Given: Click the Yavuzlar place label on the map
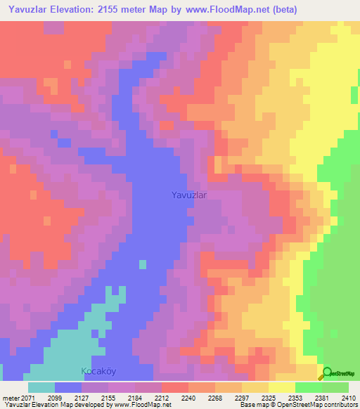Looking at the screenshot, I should [x=189, y=196].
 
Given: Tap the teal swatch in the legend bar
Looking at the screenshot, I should [x=41, y=387].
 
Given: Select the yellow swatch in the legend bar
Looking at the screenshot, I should [x=281, y=387].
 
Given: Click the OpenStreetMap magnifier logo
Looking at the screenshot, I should [x=328, y=373].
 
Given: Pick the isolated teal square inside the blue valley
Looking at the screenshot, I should [x=143, y=264].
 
